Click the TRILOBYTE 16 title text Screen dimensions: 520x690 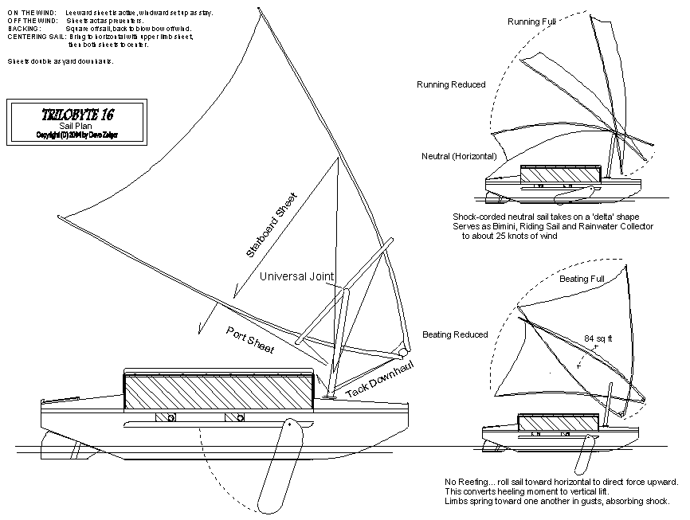pyautogui.click(x=76, y=114)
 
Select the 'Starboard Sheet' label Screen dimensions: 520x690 pyautogui.click(x=271, y=225)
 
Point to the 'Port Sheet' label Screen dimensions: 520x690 pyautogui.click(x=250, y=340)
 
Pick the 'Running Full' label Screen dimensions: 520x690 pyautogui.click(x=532, y=22)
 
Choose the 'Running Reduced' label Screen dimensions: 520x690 pyautogui.click(x=451, y=84)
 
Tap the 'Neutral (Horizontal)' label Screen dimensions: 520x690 pyautogui.click(x=459, y=156)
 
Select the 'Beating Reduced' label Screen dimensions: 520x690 pyautogui.click(x=455, y=334)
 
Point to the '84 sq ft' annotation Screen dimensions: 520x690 pyautogui.click(x=599, y=338)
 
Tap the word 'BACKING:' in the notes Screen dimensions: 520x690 pyautogui.click(x=24, y=29)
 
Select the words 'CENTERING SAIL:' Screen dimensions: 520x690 pyautogui.click(x=36, y=37)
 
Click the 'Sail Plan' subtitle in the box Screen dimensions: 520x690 pyautogui.click(x=76, y=125)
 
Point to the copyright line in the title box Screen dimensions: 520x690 pyautogui.click(x=76, y=135)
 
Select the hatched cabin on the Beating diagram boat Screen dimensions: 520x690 pyautogui.click(x=557, y=424)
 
